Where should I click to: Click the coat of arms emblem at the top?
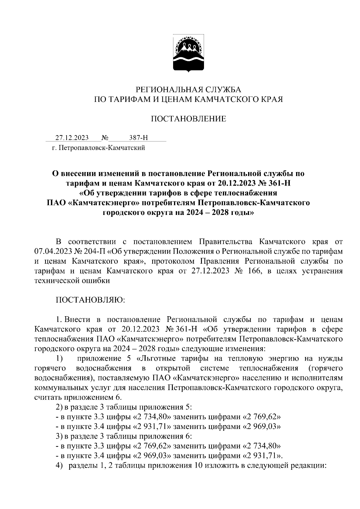point(188,54)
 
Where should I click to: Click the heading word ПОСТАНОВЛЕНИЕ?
point(188,119)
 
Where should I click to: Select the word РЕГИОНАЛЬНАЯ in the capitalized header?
point(163,90)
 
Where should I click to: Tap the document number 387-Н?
point(138,138)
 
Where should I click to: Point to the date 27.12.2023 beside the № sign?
point(72,138)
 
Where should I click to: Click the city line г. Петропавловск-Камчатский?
point(99,148)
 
